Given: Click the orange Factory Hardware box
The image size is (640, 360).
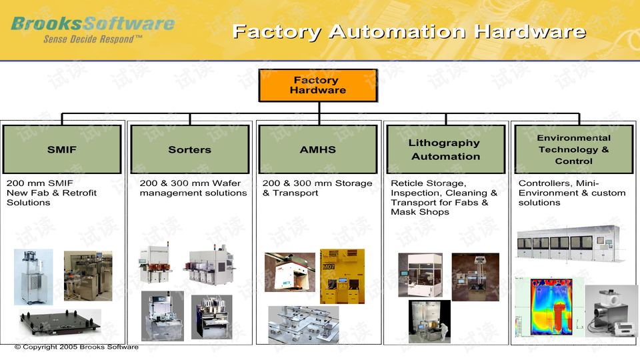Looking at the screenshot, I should (x=317, y=85).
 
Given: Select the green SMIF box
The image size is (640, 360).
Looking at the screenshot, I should (x=62, y=149).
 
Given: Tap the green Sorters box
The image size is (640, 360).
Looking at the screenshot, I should (x=189, y=149).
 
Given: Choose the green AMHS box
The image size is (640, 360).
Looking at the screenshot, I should (x=317, y=149).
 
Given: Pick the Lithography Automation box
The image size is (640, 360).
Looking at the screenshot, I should (x=445, y=149).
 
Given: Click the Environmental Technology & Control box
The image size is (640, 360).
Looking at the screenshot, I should (x=573, y=149).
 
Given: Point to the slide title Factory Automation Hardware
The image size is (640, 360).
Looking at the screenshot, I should (x=409, y=31).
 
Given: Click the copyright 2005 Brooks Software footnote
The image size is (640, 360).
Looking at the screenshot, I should (x=77, y=347).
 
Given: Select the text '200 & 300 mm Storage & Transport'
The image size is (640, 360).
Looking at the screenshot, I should (x=317, y=188).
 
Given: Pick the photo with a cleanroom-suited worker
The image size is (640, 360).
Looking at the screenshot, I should (x=429, y=321).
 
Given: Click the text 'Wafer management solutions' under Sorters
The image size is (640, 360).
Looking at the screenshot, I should (x=193, y=193).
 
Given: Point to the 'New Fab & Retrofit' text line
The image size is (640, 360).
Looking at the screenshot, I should (x=51, y=193).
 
